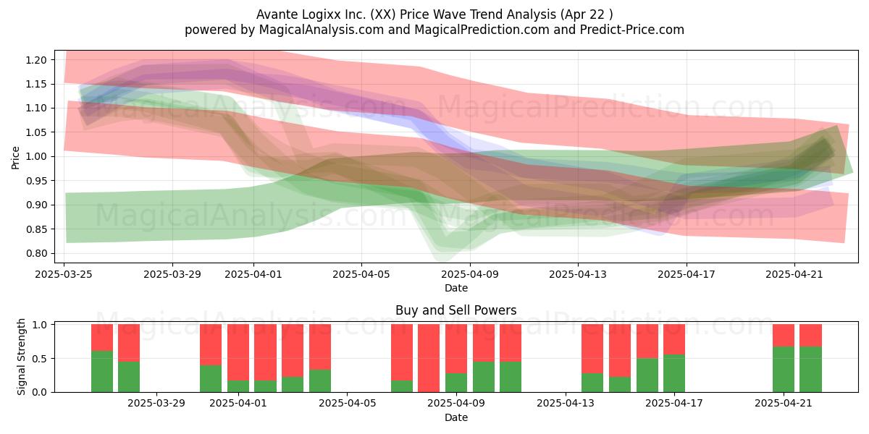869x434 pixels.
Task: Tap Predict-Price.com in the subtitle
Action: (632, 30)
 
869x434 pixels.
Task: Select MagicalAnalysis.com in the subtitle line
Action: (322, 30)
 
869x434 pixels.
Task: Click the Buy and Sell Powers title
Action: (456, 310)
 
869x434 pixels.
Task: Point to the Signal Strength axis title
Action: (21, 357)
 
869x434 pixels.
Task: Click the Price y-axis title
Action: (15, 158)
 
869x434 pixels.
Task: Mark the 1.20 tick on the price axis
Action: (36, 60)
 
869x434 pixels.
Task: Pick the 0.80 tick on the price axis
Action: (36, 253)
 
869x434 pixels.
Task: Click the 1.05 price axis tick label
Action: (36, 132)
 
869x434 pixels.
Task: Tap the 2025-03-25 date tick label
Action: (64, 274)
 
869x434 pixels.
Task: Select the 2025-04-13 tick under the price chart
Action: (578, 274)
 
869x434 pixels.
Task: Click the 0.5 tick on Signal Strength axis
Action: (39, 359)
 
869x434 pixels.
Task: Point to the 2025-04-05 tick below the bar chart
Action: (347, 404)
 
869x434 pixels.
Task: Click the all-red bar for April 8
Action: (429, 358)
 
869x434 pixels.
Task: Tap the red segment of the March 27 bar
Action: (129, 343)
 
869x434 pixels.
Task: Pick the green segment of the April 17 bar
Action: (674, 373)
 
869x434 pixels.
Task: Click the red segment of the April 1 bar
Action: (238, 352)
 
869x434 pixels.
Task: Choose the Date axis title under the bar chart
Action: (456, 417)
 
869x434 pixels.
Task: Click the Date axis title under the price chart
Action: (456, 288)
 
